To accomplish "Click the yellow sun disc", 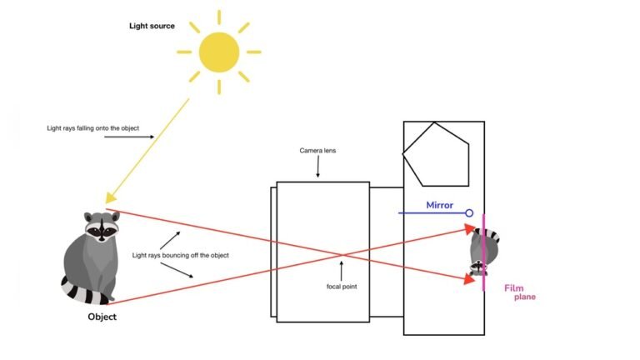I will click(x=219, y=52).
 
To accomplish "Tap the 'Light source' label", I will click(x=152, y=26).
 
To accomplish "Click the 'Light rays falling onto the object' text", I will click(x=99, y=129).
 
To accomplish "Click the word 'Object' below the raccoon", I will click(x=102, y=317).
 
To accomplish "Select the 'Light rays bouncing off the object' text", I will click(x=180, y=255).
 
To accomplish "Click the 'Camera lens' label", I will click(x=317, y=151).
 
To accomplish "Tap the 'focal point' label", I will click(x=342, y=286).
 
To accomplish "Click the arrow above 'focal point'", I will click(x=341, y=268).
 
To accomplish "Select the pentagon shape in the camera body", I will click(x=434, y=154).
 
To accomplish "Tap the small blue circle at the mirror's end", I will click(x=469, y=213).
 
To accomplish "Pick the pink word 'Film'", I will click(x=514, y=288).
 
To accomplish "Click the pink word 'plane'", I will click(x=524, y=297).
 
